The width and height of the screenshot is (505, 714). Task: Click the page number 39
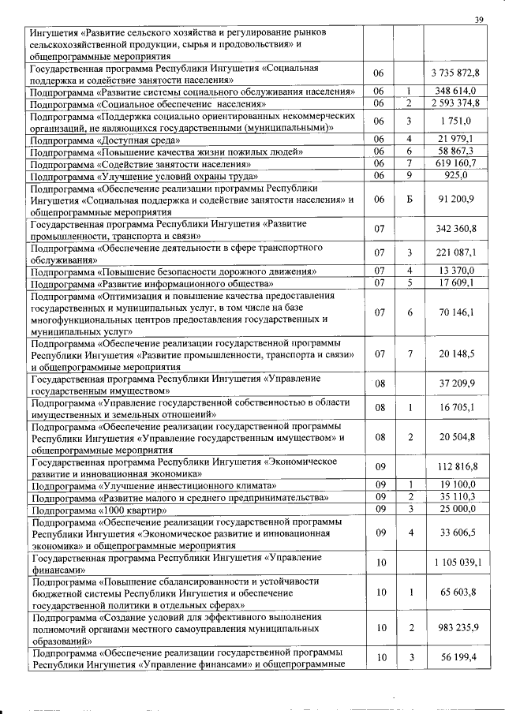478,20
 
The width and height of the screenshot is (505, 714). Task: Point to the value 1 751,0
458,121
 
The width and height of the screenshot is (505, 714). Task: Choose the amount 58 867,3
458,151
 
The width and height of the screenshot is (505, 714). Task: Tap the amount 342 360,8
458,229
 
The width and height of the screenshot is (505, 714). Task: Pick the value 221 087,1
458,252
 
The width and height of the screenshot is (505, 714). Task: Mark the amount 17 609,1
458,282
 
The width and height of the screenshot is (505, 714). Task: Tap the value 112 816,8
458,466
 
